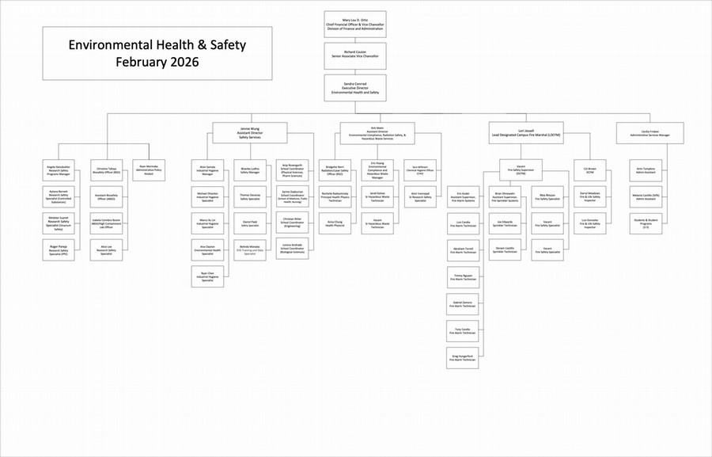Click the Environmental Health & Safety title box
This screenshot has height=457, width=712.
[x=157, y=53]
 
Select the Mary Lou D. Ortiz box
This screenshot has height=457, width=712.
[x=355, y=24]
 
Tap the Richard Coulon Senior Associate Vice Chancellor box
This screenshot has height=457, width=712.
[x=355, y=56]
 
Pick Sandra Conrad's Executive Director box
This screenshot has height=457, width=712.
[x=355, y=87]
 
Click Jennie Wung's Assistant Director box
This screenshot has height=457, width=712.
[x=250, y=132]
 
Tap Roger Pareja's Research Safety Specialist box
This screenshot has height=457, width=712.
[x=59, y=250]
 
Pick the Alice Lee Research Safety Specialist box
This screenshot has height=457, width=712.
[x=106, y=250]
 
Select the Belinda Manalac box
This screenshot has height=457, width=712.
[x=250, y=250]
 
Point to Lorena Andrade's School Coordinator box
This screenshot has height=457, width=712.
[x=293, y=250]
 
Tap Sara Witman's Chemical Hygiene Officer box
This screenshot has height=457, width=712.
[x=420, y=169]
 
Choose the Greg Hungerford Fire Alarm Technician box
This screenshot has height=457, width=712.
[x=464, y=358]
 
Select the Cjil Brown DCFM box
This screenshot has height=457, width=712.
[x=590, y=169]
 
